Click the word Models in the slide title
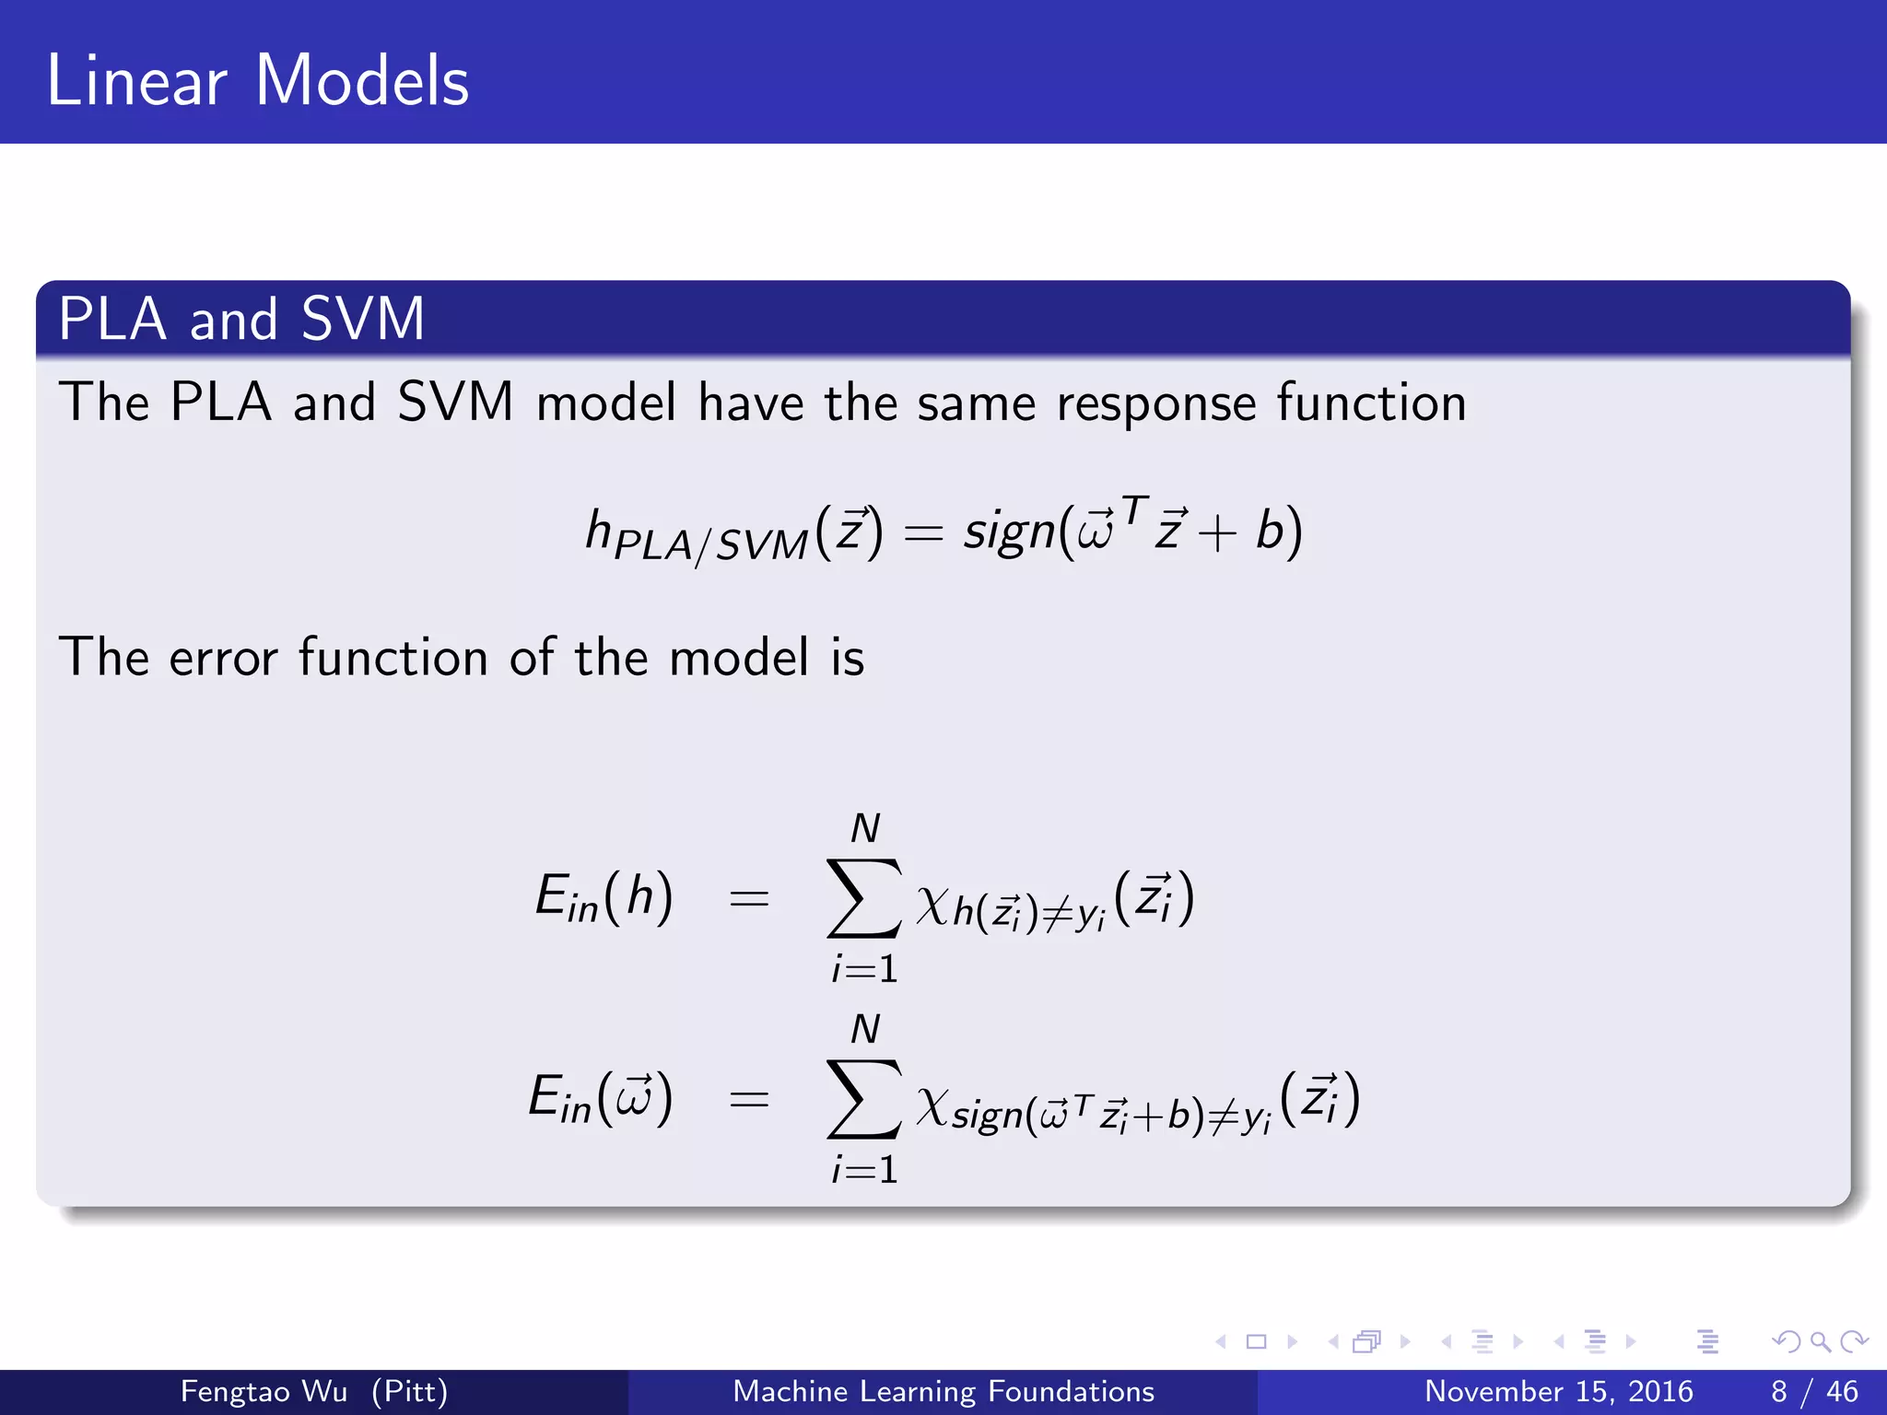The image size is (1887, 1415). click(361, 81)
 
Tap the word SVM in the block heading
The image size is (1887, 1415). click(362, 319)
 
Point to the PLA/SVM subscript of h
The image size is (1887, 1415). click(709, 545)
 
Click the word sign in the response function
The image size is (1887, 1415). click(1008, 532)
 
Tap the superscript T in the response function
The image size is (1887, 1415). click(1135, 509)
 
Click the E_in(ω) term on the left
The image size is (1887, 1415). click(600, 1098)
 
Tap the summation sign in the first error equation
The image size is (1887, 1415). click(862, 897)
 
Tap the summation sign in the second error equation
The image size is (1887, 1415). click(862, 1098)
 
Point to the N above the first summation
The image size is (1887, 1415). click(864, 828)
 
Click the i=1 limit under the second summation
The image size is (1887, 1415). click(864, 1169)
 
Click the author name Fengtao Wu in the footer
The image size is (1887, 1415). click(264, 1391)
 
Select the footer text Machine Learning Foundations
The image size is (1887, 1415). click(943, 1391)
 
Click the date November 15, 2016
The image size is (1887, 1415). click(1558, 1391)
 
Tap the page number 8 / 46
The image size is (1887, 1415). click(1813, 1391)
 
